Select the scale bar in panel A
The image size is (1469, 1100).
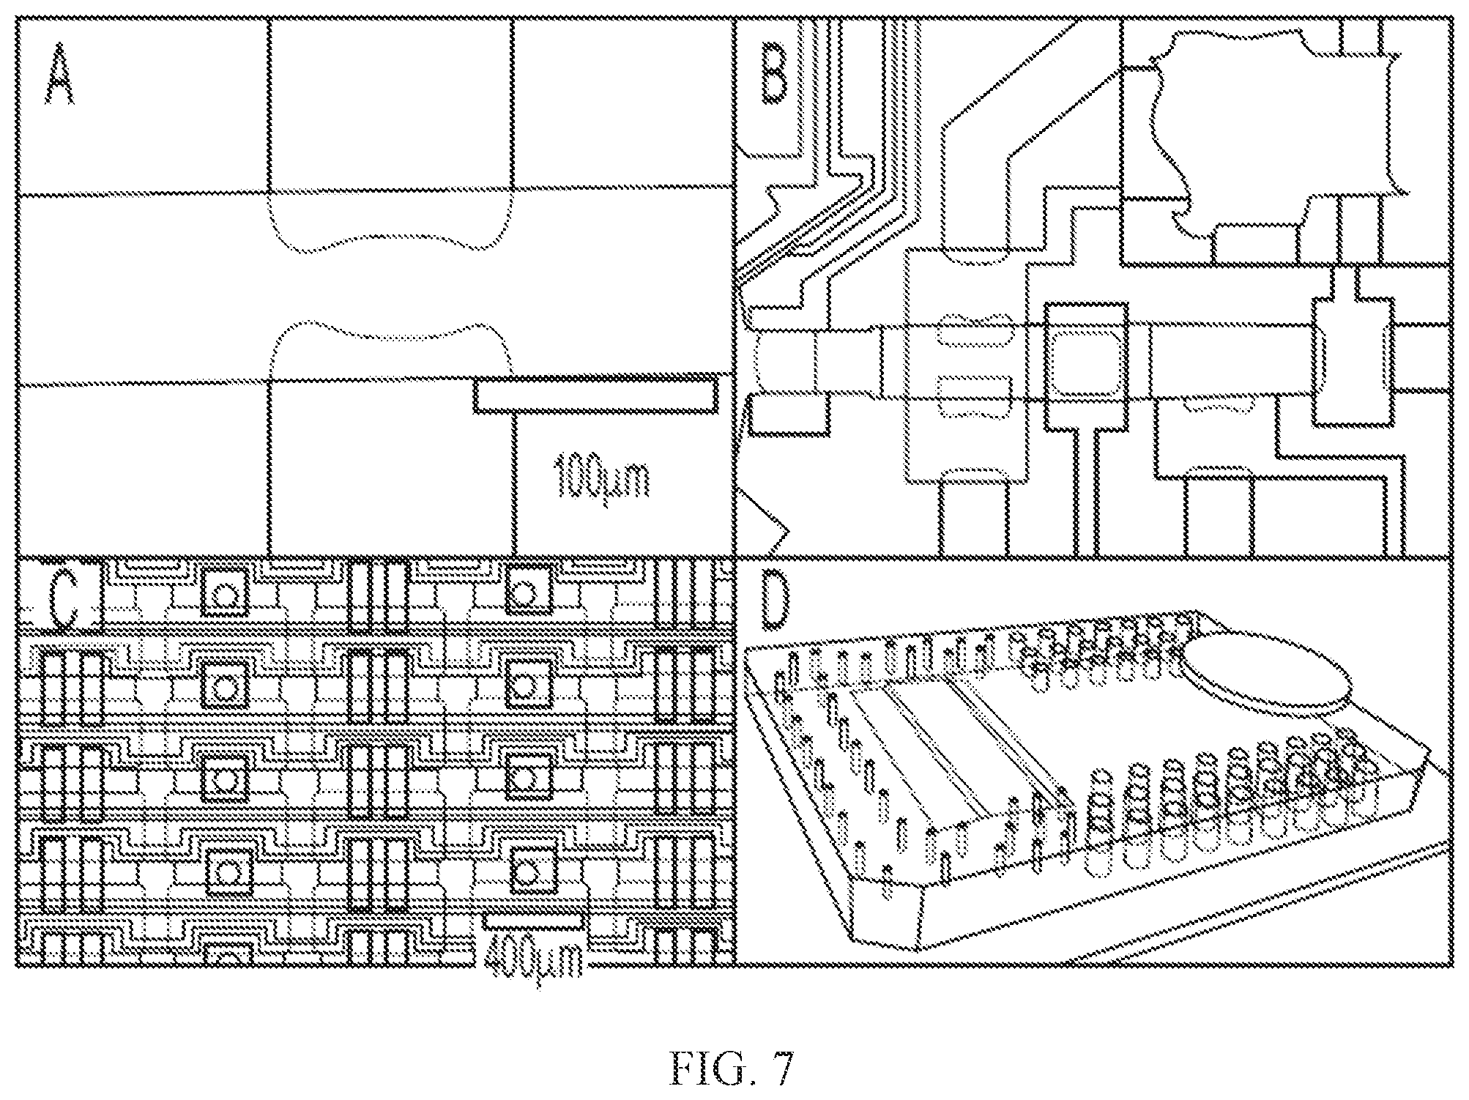(x=596, y=394)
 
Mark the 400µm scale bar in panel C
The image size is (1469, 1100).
(x=533, y=921)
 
